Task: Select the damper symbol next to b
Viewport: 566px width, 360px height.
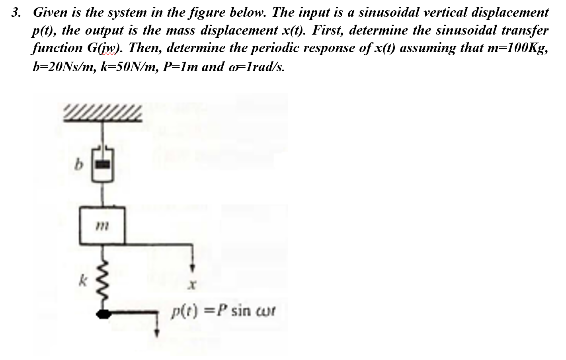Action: [103, 164]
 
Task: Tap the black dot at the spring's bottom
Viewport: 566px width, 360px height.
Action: [104, 314]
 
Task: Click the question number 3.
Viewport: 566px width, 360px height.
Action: [16, 12]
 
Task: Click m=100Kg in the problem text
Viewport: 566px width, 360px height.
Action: [517, 48]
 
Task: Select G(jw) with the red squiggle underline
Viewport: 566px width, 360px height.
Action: [105, 48]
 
